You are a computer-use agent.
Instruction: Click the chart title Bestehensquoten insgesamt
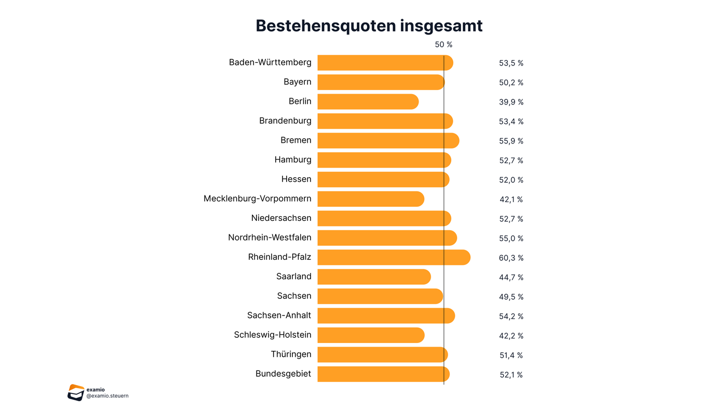pyautogui.click(x=369, y=25)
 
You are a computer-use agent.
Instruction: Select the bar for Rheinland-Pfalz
pyautogui.click(x=394, y=257)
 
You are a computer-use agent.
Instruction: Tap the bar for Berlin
pyautogui.click(x=368, y=101)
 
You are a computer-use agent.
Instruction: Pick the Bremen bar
pyautogui.click(x=388, y=140)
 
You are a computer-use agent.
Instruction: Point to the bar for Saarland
pyautogui.click(x=374, y=276)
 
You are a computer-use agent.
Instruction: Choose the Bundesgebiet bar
pyautogui.click(x=383, y=374)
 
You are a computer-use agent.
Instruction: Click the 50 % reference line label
pyautogui.click(x=443, y=45)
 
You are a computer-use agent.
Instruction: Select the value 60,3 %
pyautogui.click(x=511, y=258)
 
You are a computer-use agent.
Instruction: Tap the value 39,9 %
pyautogui.click(x=511, y=102)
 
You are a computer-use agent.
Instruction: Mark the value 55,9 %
pyautogui.click(x=511, y=141)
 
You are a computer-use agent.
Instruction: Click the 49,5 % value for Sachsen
pyautogui.click(x=511, y=297)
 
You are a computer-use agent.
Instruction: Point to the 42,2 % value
pyautogui.click(x=511, y=336)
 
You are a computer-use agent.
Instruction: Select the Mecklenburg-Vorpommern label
pyautogui.click(x=258, y=199)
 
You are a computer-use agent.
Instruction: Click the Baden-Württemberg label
pyautogui.click(x=270, y=62)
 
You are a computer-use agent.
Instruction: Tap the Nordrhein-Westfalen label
pyautogui.click(x=270, y=238)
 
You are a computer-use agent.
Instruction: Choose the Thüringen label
pyautogui.click(x=291, y=354)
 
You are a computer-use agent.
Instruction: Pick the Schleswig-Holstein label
pyautogui.click(x=273, y=335)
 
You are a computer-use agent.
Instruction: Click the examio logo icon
pyautogui.click(x=76, y=392)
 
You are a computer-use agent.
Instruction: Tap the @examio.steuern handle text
pyautogui.click(x=107, y=396)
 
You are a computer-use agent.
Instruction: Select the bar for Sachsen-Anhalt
pyautogui.click(x=386, y=315)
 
